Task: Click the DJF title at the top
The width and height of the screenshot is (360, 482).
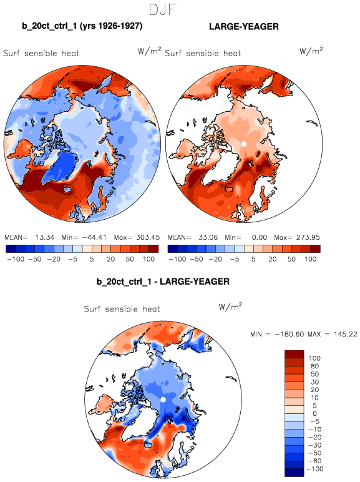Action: [x=162, y=9]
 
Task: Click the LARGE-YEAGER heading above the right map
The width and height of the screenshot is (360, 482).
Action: [x=244, y=27]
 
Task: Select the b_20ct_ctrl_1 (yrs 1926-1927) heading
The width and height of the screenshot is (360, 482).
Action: [x=82, y=26]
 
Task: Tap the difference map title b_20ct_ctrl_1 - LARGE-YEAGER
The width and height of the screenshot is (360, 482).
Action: [x=163, y=282]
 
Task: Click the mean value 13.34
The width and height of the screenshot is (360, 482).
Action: [x=45, y=237]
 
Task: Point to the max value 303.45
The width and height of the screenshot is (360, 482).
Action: [x=148, y=237]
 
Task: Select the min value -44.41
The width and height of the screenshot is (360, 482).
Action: [x=94, y=237]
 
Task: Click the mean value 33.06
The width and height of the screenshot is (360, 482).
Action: [x=208, y=237]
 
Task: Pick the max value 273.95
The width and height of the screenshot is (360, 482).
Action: [x=308, y=237]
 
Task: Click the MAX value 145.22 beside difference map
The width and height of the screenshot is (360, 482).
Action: [x=346, y=334]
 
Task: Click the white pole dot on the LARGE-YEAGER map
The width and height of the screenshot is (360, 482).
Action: [x=244, y=144]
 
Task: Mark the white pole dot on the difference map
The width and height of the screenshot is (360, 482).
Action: [x=163, y=400]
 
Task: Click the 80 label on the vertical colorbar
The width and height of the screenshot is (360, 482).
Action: [x=314, y=366]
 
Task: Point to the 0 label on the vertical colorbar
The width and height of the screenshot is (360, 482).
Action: [x=314, y=413]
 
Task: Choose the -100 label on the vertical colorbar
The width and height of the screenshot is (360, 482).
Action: [x=315, y=469]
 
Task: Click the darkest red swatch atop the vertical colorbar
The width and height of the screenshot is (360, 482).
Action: [x=294, y=354]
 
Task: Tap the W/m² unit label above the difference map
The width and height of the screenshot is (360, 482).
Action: [x=230, y=307]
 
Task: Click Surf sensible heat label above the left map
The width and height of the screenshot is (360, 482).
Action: [x=41, y=53]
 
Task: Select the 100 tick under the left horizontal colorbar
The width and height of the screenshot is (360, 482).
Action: [x=148, y=259]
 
